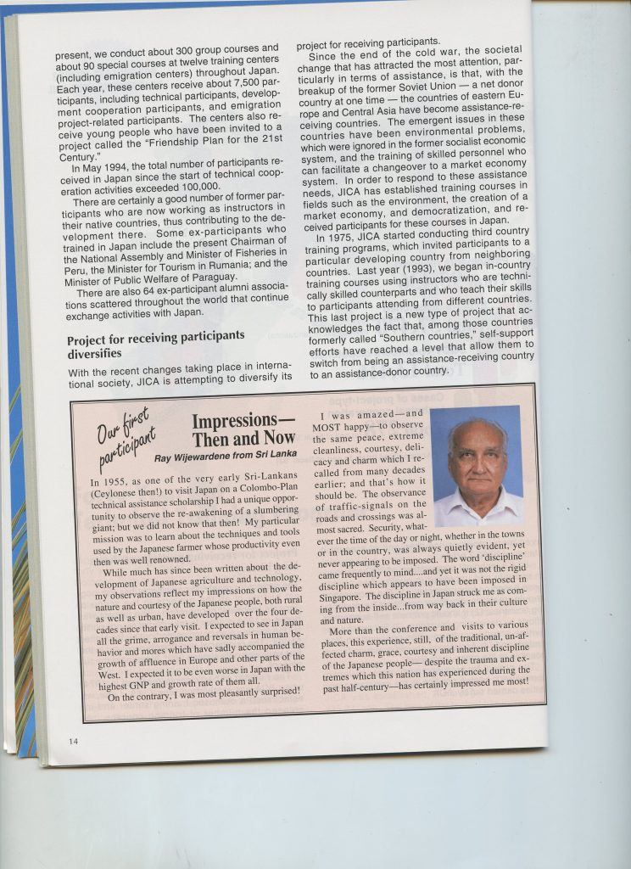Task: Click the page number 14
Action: tap(74, 741)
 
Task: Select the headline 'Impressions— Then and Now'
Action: tap(243, 429)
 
